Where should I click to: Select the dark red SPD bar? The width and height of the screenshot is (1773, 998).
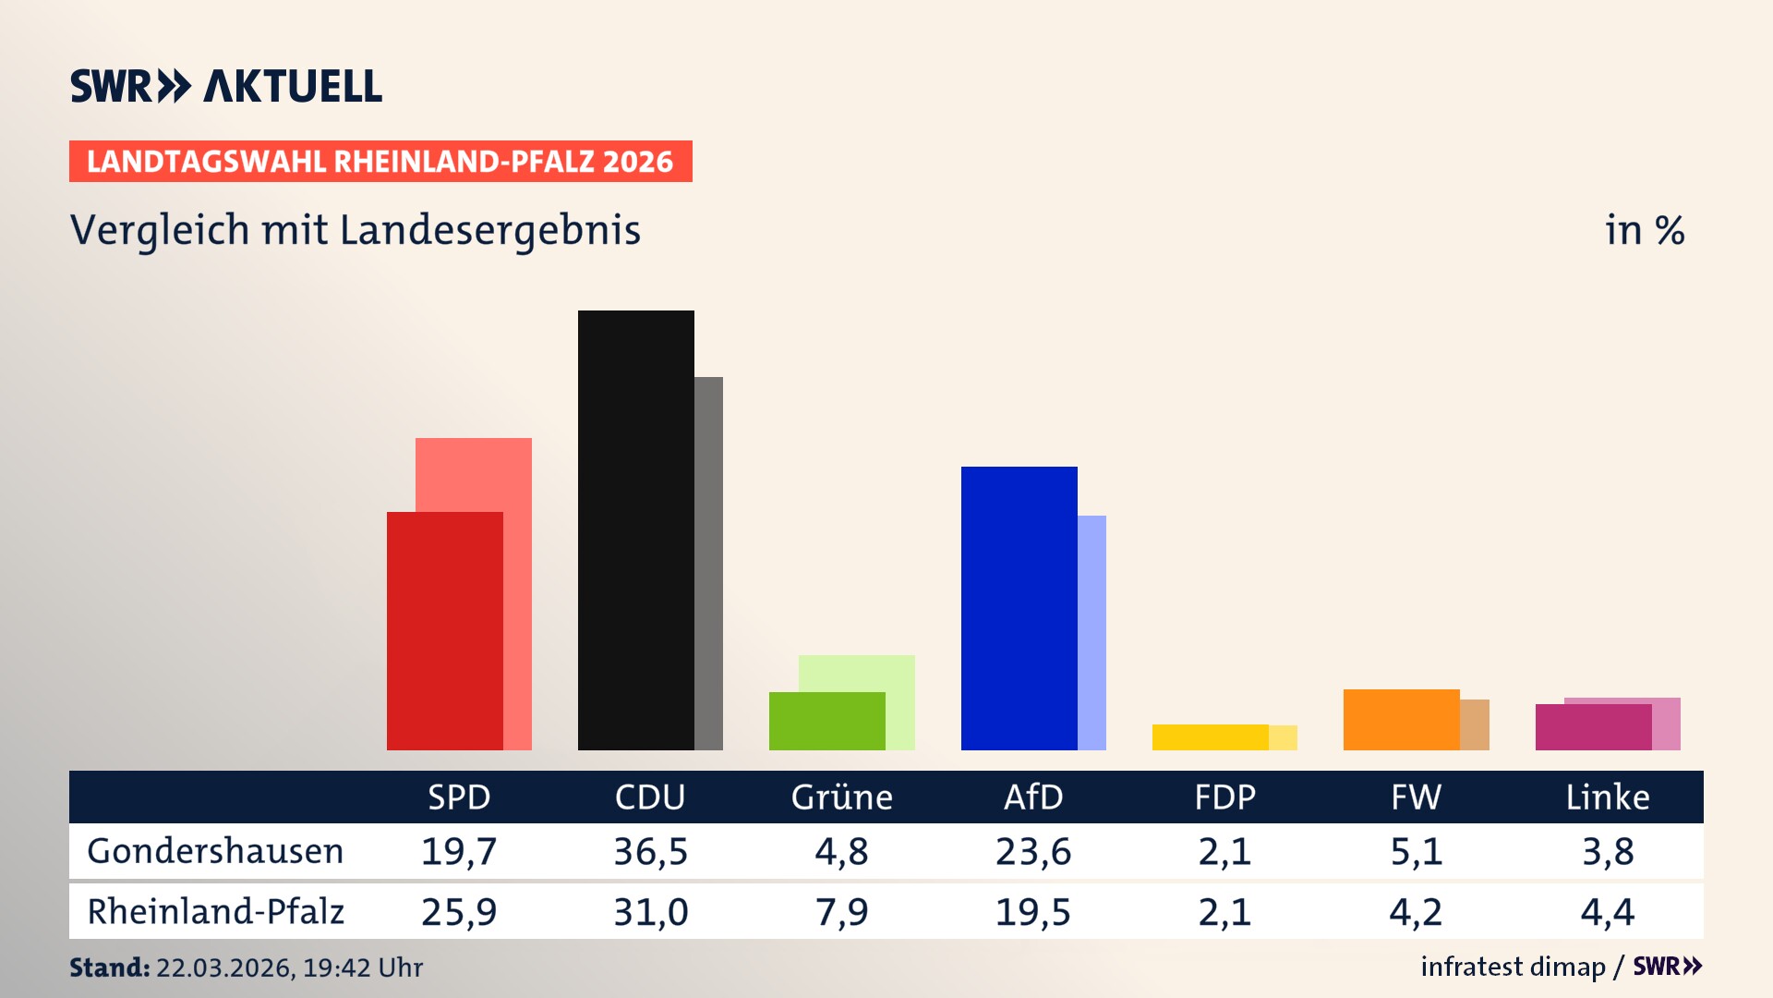[444, 630]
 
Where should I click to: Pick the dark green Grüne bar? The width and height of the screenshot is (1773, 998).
[826, 721]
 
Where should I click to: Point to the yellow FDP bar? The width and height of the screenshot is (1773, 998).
[1210, 737]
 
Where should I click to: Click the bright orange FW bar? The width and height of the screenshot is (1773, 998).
[1401, 719]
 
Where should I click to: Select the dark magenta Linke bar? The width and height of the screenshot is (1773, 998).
[1593, 727]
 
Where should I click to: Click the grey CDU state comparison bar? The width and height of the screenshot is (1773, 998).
[709, 563]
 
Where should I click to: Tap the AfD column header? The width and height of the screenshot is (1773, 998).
[1033, 797]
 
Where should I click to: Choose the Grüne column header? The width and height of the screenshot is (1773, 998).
[841, 797]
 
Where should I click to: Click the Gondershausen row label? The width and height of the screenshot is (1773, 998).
[215, 851]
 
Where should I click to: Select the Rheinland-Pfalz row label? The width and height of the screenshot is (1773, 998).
[215, 912]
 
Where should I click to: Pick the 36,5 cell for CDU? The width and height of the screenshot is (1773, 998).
[650, 851]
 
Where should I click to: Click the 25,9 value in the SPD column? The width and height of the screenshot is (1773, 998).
[459, 912]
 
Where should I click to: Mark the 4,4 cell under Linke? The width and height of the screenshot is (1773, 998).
[1608, 912]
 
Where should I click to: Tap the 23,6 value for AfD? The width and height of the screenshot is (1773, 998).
[1033, 851]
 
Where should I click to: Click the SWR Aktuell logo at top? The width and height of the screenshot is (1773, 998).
[226, 86]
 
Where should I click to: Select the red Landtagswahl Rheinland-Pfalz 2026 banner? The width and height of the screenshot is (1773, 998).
[380, 162]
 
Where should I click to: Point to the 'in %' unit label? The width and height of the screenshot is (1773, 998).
[1645, 230]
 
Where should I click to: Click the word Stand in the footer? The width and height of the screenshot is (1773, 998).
[109, 968]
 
